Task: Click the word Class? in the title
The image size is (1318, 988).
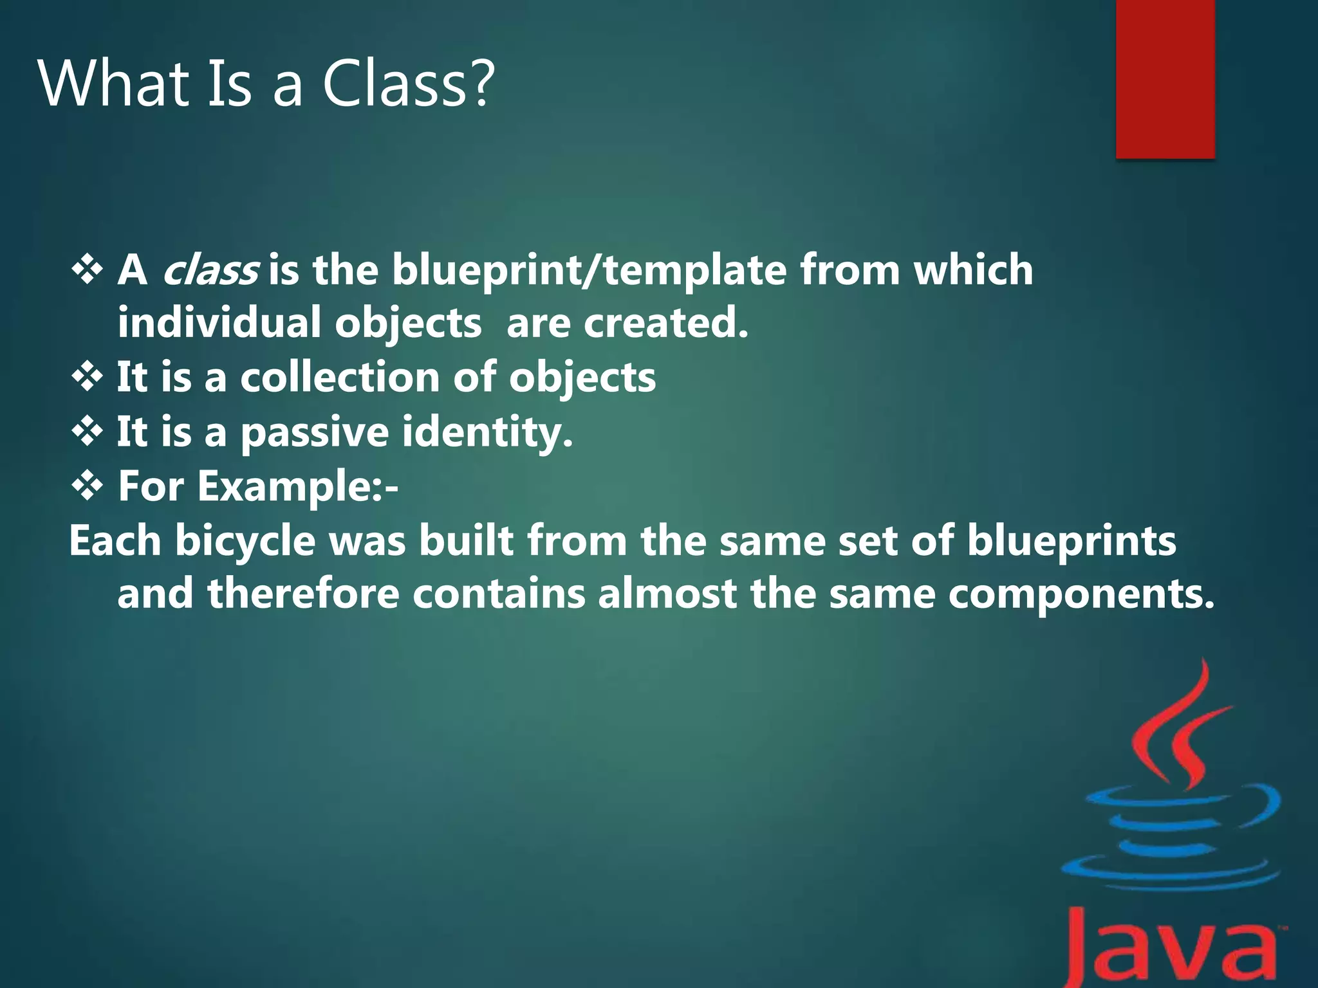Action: pyautogui.click(x=408, y=84)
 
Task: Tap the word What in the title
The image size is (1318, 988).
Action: pyautogui.click(x=114, y=84)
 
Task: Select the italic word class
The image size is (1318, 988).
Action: pyautogui.click(x=210, y=270)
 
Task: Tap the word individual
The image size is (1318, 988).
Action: pyautogui.click(x=219, y=322)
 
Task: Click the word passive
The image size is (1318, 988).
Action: pyautogui.click(x=314, y=432)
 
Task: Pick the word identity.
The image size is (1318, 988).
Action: pyautogui.click(x=487, y=432)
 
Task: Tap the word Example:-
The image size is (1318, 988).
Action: pyautogui.click(x=297, y=486)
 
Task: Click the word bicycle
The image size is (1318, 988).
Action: pyautogui.click(x=245, y=541)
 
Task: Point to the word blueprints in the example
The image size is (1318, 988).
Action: pyautogui.click(x=1072, y=541)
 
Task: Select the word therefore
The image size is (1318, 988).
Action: pyautogui.click(x=302, y=593)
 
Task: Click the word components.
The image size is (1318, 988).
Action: pyautogui.click(x=1081, y=594)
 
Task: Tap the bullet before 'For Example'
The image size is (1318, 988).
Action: pyautogui.click(x=87, y=486)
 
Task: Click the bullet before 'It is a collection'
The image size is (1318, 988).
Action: pyautogui.click(x=87, y=377)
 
